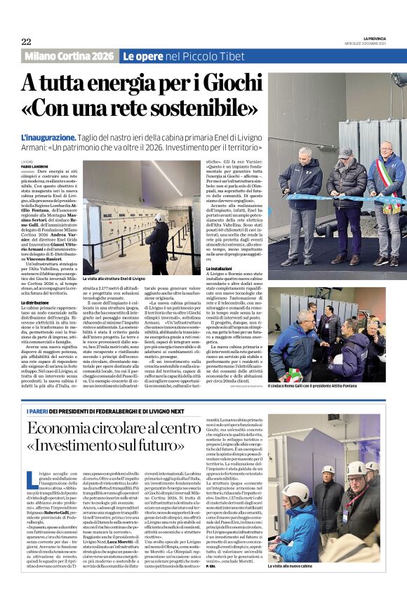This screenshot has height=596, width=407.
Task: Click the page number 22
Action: [26, 41]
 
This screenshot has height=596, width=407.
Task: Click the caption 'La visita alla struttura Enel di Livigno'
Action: [114, 279]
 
